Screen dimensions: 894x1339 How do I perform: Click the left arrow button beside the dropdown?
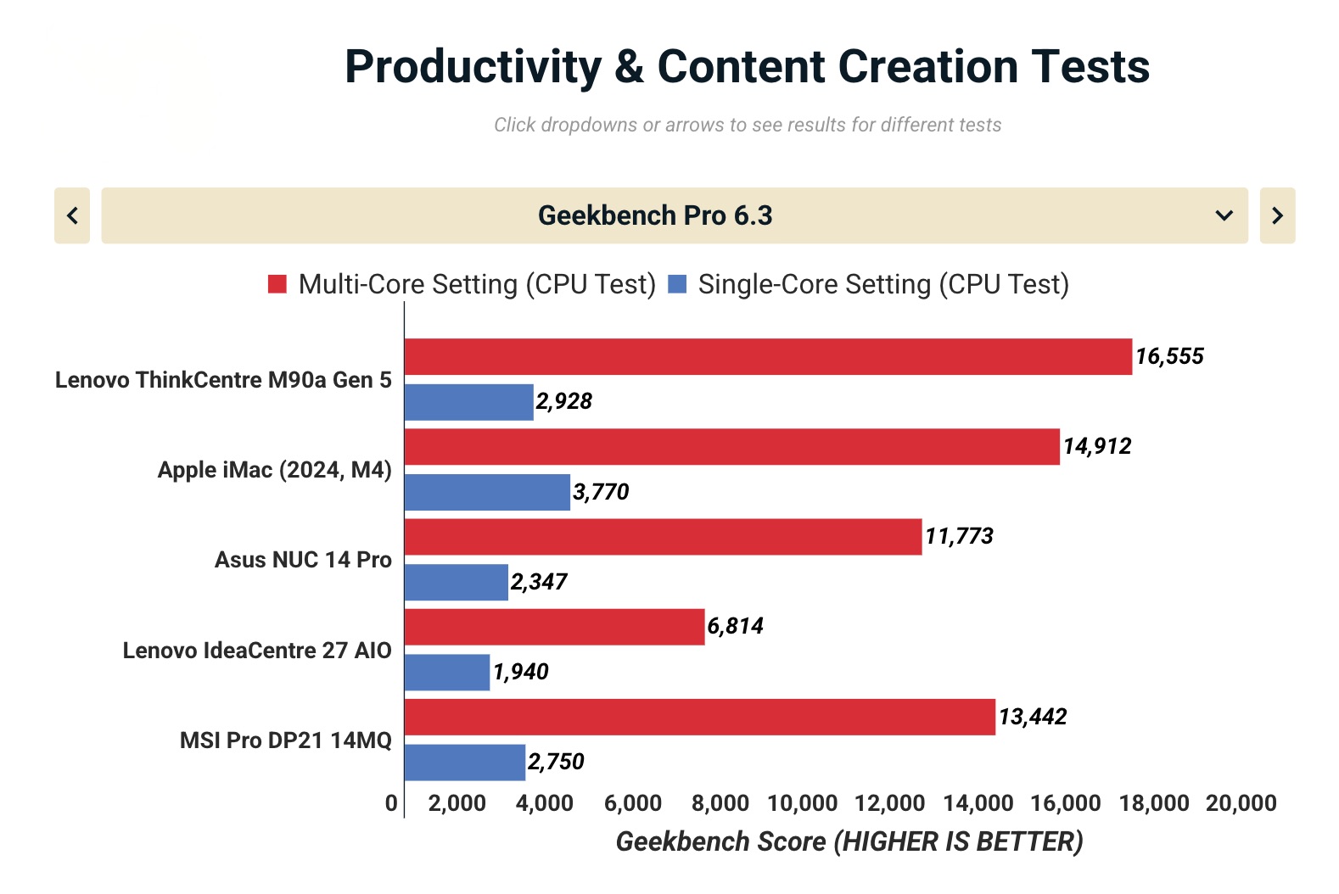point(72,215)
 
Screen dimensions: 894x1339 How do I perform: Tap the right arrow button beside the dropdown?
point(1277,215)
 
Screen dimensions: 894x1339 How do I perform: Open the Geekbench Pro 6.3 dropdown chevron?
point(1224,215)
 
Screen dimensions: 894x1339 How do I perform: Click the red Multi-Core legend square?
point(277,284)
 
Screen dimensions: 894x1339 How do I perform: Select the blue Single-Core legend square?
point(677,284)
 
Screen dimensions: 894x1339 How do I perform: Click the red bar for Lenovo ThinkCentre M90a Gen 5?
point(768,356)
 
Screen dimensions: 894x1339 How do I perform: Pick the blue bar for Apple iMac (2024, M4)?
point(487,492)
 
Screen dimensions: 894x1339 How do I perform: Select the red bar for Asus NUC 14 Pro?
point(663,537)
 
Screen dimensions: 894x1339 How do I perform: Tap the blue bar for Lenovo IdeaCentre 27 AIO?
point(447,672)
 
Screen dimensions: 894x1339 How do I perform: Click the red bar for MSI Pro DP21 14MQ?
point(699,717)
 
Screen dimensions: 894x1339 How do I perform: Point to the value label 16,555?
point(1169,356)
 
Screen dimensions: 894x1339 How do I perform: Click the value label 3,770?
point(601,492)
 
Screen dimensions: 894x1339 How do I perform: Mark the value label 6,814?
point(735,626)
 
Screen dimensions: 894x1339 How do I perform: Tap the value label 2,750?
point(556,762)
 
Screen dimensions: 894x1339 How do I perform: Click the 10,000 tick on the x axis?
point(802,803)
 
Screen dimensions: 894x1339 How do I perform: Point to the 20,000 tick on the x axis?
point(1241,803)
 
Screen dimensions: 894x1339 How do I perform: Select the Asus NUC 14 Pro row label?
point(303,560)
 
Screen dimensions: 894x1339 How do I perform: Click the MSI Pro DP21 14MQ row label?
point(285,740)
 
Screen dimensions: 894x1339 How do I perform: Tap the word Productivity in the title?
point(473,67)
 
